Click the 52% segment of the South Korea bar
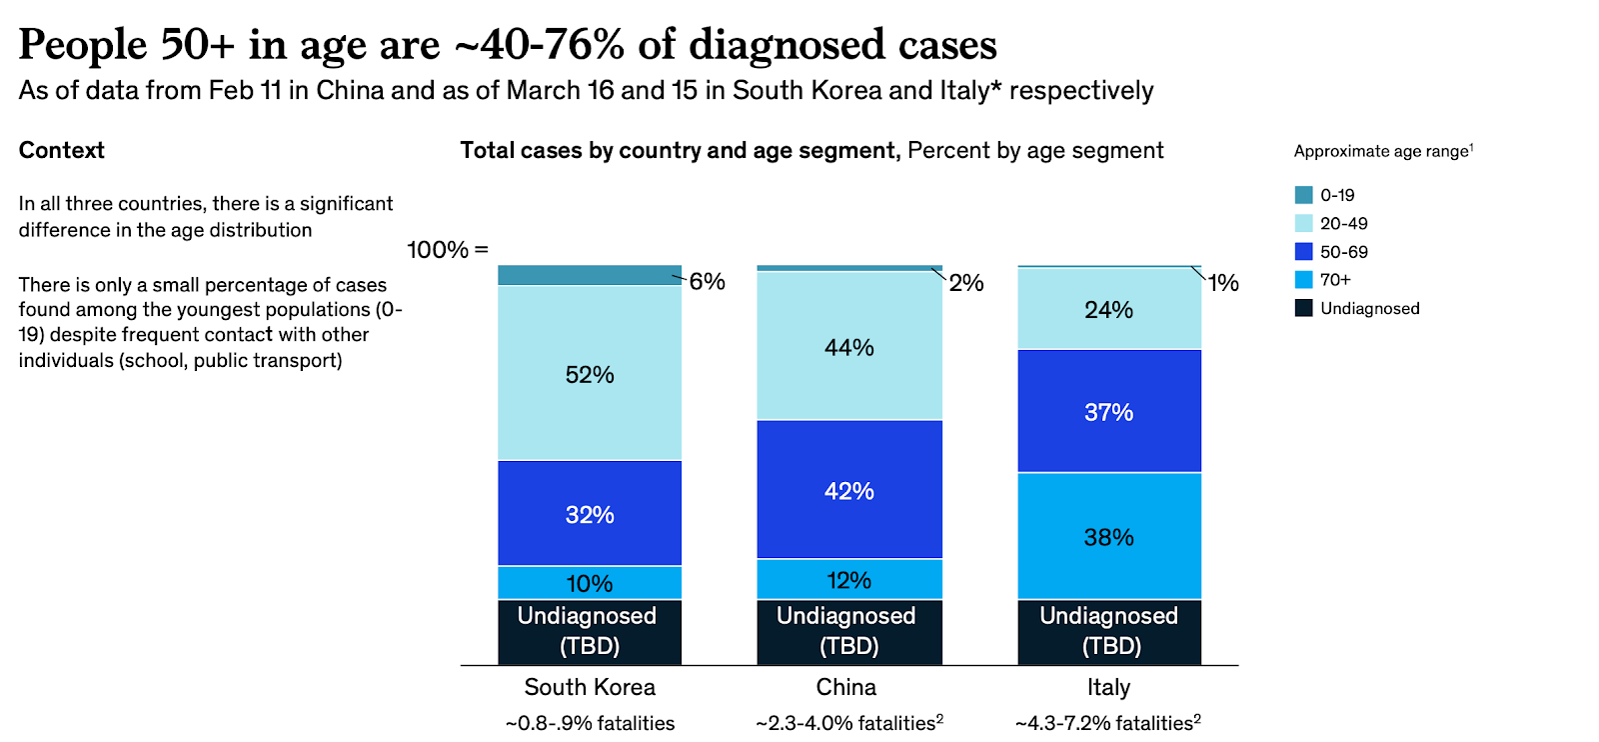(x=590, y=373)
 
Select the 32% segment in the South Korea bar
(x=590, y=513)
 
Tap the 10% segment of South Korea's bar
(x=590, y=582)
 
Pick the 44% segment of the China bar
(x=848, y=346)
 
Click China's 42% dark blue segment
(x=848, y=489)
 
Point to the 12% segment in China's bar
(x=848, y=579)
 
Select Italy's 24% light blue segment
(x=1108, y=309)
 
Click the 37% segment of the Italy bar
(x=1108, y=411)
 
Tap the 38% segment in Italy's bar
(x=1108, y=536)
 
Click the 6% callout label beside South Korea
(x=707, y=281)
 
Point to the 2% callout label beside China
(x=966, y=283)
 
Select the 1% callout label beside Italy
(x=1223, y=283)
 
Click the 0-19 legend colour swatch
(x=1304, y=195)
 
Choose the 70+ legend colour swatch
(x=1304, y=280)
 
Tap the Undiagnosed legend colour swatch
(x=1304, y=308)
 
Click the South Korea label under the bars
(x=590, y=687)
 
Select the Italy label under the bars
(x=1108, y=687)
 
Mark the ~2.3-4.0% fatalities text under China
(x=848, y=723)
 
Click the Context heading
(x=62, y=150)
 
